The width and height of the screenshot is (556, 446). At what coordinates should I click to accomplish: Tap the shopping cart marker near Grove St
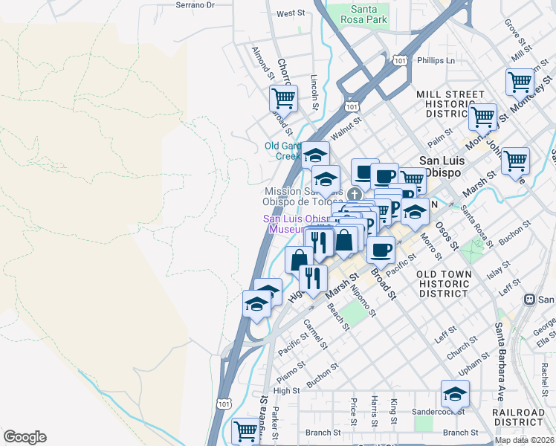[519, 82]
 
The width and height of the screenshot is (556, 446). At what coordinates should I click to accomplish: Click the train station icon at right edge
[529, 300]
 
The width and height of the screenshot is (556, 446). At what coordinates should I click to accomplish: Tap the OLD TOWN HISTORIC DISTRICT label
[444, 283]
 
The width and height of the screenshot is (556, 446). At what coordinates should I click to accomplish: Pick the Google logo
[25, 437]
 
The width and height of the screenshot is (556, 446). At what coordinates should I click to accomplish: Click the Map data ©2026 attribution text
[524, 440]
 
